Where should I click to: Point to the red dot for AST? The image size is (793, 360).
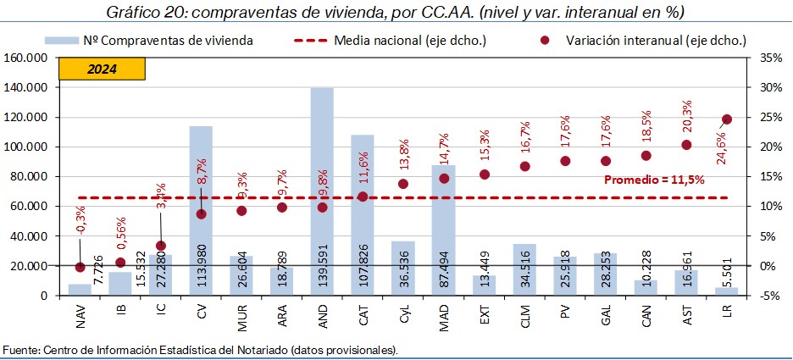click(x=686, y=145)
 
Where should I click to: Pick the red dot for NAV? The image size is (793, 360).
click(x=80, y=267)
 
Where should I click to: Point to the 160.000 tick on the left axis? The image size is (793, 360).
click(x=29, y=58)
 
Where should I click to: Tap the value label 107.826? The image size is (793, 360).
click(x=363, y=272)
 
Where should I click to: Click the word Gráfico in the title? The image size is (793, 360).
click(x=134, y=13)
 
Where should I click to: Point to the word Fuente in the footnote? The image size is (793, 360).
click(x=20, y=349)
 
